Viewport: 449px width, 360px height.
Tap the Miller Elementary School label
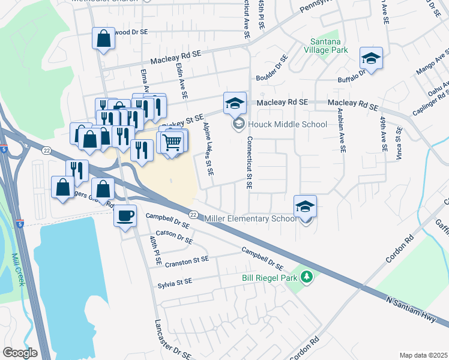pos(250,218)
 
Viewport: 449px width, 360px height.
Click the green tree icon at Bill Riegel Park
pos(307,277)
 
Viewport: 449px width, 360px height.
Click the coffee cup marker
pos(125,215)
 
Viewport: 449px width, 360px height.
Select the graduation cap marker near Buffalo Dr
pos(371,58)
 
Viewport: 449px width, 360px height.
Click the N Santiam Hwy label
pos(411,309)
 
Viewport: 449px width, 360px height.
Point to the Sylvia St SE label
pos(175,281)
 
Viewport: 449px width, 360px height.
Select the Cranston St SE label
pos(188,260)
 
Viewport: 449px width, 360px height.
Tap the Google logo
pos(20,353)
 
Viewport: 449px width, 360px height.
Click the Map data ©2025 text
pos(423,355)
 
